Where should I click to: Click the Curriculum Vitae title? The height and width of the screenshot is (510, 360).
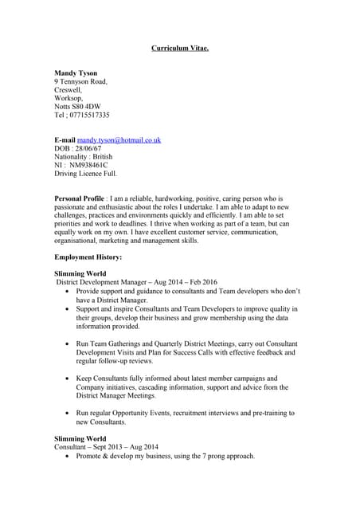click(x=180, y=49)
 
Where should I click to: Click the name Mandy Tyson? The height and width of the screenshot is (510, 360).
click(x=77, y=73)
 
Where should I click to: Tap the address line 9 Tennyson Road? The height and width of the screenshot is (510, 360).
click(x=80, y=82)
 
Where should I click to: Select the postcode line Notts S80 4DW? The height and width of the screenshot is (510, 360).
click(x=77, y=105)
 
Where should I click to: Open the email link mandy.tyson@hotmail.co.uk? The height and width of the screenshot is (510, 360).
click(x=119, y=139)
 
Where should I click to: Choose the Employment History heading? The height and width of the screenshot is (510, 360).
click(x=88, y=257)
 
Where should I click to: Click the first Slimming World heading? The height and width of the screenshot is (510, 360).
click(x=80, y=273)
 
